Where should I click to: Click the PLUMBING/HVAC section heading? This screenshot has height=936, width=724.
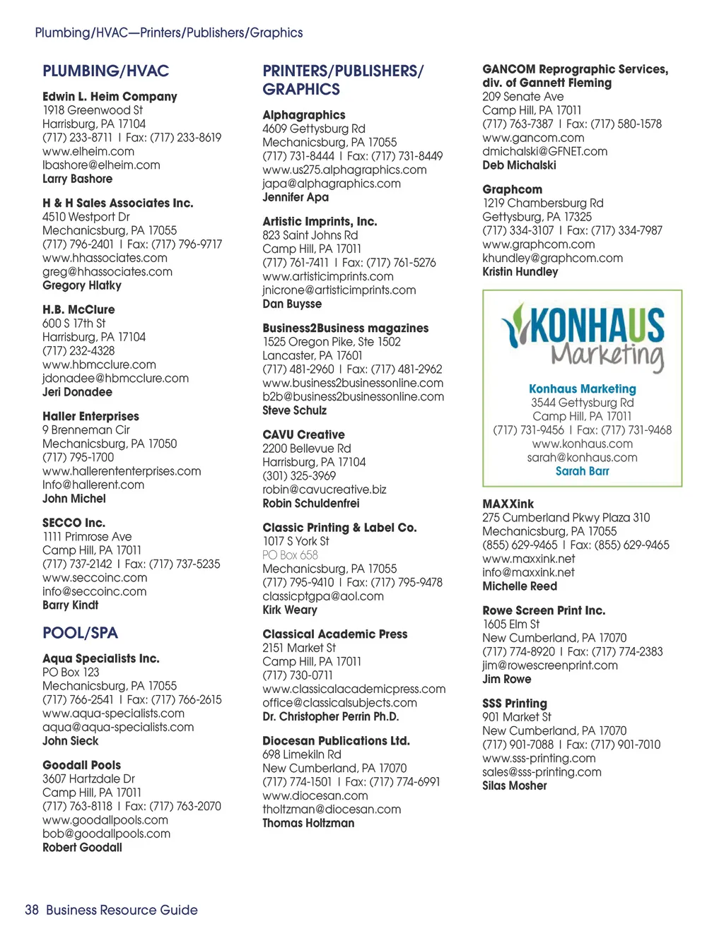[x=105, y=71]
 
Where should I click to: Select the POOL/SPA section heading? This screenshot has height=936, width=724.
[x=80, y=633]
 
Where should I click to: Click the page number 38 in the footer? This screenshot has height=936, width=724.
[x=32, y=910]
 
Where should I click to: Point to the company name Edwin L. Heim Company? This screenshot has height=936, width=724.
[x=110, y=97]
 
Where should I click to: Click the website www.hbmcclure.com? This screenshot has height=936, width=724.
[x=99, y=365]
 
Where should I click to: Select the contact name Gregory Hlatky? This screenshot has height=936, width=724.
[x=82, y=285]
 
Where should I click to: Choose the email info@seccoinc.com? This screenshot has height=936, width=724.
[x=95, y=591]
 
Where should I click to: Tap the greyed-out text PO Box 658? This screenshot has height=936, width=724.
[x=290, y=555]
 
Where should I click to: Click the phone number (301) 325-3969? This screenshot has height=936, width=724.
[x=299, y=476]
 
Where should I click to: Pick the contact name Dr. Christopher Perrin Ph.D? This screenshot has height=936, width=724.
[x=330, y=716]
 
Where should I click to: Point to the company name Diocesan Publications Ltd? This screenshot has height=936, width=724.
[x=336, y=741]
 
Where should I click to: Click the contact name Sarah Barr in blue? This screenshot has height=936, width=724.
[x=582, y=471]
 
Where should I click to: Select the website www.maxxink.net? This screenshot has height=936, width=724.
[x=529, y=559]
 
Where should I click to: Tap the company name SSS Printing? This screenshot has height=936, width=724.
[x=515, y=704]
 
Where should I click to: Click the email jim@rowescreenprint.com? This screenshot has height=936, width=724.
[x=550, y=665]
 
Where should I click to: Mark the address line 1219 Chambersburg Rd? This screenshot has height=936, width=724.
[x=543, y=203]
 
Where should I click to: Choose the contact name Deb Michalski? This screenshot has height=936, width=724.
[x=519, y=165]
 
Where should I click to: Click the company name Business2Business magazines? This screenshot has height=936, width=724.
[x=345, y=328]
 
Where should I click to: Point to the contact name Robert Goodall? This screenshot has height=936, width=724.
[x=82, y=848]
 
